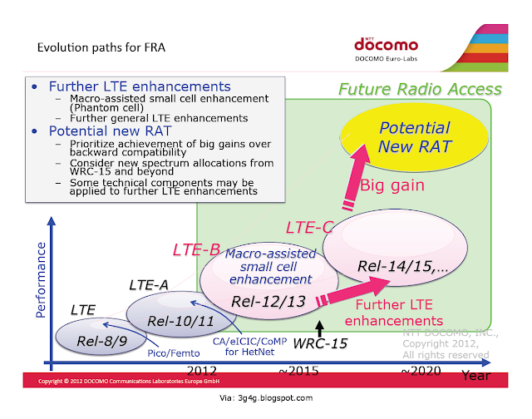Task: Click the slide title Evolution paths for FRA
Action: (x=101, y=47)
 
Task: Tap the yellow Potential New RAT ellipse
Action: (x=414, y=137)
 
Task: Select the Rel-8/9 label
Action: (x=102, y=341)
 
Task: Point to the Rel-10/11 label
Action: (x=180, y=321)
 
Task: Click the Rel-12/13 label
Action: (x=268, y=301)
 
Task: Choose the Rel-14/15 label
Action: (x=402, y=266)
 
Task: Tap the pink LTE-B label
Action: (x=196, y=250)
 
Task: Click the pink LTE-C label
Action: (x=310, y=227)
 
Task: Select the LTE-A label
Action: (x=149, y=285)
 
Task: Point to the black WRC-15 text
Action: (x=320, y=343)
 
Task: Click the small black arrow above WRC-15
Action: (x=319, y=328)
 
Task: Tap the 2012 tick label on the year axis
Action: (x=202, y=371)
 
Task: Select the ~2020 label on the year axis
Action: (x=421, y=371)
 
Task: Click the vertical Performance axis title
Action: (x=41, y=280)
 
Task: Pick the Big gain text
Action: (x=392, y=185)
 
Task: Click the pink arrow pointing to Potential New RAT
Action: (x=355, y=177)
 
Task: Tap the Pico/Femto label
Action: (x=174, y=353)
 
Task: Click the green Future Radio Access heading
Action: (x=420, y=89)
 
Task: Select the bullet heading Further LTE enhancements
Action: (x=140, y=86)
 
